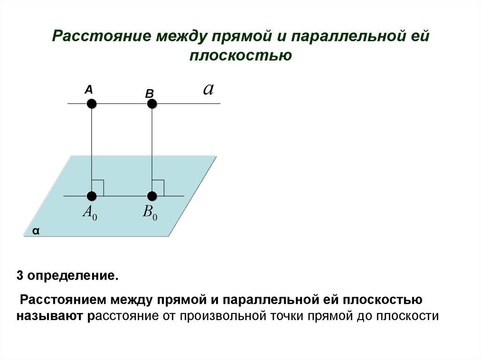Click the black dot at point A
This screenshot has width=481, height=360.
(x=92, y=103)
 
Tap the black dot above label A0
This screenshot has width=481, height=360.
(x=92, y=196)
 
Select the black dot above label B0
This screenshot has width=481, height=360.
(x=152, y=196)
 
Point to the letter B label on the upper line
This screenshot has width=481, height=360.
(x=149, y=94)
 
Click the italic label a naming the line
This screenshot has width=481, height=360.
(x=208, y=89)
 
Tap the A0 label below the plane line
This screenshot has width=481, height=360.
(x=90, y=213)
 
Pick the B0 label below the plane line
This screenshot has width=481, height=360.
(x=150, y=213)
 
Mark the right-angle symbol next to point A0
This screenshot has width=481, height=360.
(x=98, y=187)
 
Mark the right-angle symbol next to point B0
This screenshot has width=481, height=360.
(x=158, y=187)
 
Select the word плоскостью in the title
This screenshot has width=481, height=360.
(x=240, y=55)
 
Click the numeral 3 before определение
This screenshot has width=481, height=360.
(x=20, y=275)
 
